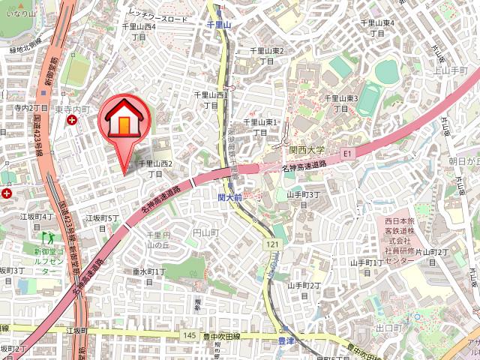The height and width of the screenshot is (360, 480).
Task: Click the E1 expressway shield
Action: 347,154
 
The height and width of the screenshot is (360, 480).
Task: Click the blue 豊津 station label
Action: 276,341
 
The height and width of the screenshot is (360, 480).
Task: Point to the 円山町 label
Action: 205,233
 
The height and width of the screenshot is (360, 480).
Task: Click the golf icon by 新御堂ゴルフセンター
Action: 49,238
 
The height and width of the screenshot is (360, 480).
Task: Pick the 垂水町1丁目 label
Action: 149,276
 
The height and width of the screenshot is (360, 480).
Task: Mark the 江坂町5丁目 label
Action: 102,222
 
